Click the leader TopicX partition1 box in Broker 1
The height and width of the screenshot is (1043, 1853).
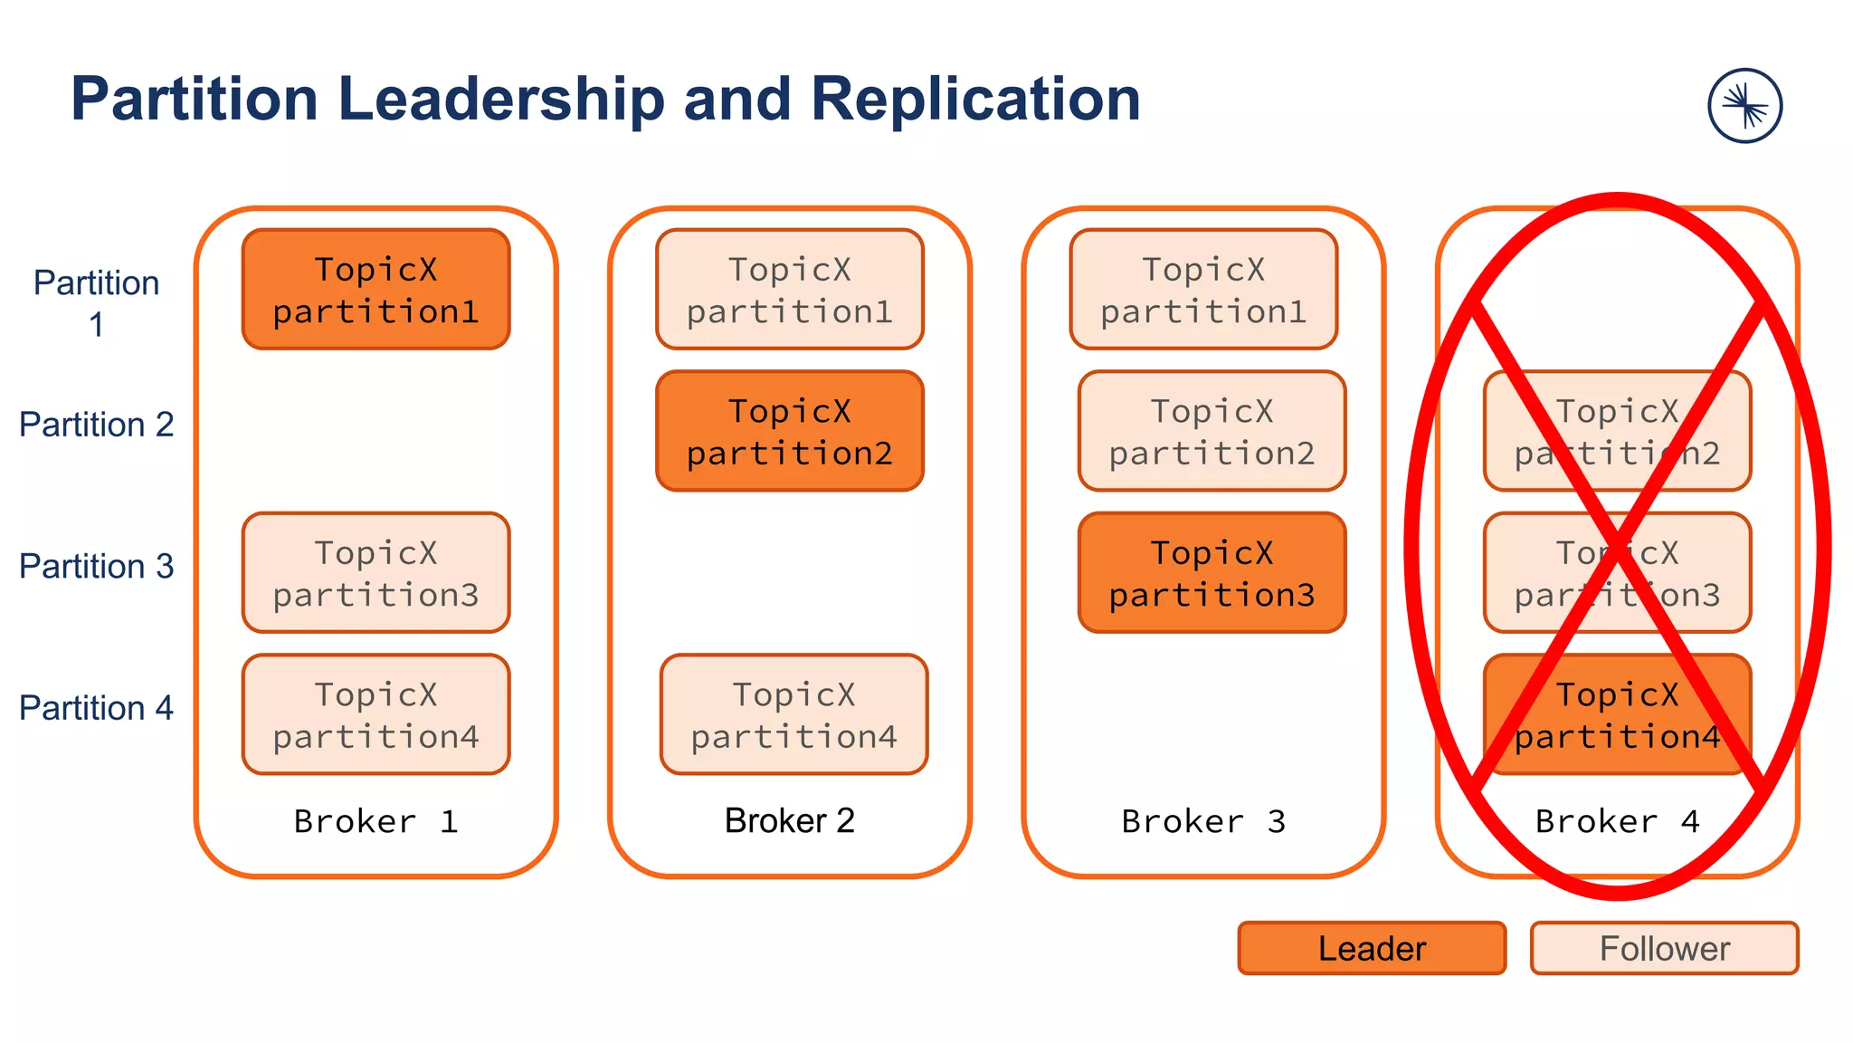click(x=375, y=289)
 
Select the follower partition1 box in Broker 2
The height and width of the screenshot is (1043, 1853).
click(x=789, y=289)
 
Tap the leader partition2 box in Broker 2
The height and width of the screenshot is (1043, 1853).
click(x=789, y=431)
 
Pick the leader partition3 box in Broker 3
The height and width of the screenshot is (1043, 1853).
click(x=1212, y=572)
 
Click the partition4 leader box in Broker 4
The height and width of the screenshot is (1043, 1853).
click(x=1617, y=714)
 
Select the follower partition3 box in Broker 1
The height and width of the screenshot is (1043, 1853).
click(x=375, y=572)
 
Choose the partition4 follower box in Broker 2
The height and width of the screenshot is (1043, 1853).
click(x=793, y=714)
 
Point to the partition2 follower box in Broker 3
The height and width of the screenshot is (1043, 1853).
click(x=1212, y=431)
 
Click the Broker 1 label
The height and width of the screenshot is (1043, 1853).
click(x=375, y=821)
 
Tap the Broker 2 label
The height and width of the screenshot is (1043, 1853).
click(x=789, y=820)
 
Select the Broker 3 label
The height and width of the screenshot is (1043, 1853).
click(x=1202, y=821)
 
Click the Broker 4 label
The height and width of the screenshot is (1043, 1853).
click(x=1617, y=821)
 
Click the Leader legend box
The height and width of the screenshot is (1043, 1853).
click(x=1372, y=948)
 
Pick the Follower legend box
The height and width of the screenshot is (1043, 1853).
click(x=1664, y=948)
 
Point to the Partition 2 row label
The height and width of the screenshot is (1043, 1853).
click(x=96, y=425)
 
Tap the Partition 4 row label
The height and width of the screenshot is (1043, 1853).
click(x=96, y=708)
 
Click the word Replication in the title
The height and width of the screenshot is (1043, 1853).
click(x=974, y=99)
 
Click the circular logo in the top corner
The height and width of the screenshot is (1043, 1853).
click(x=1744, y=106)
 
